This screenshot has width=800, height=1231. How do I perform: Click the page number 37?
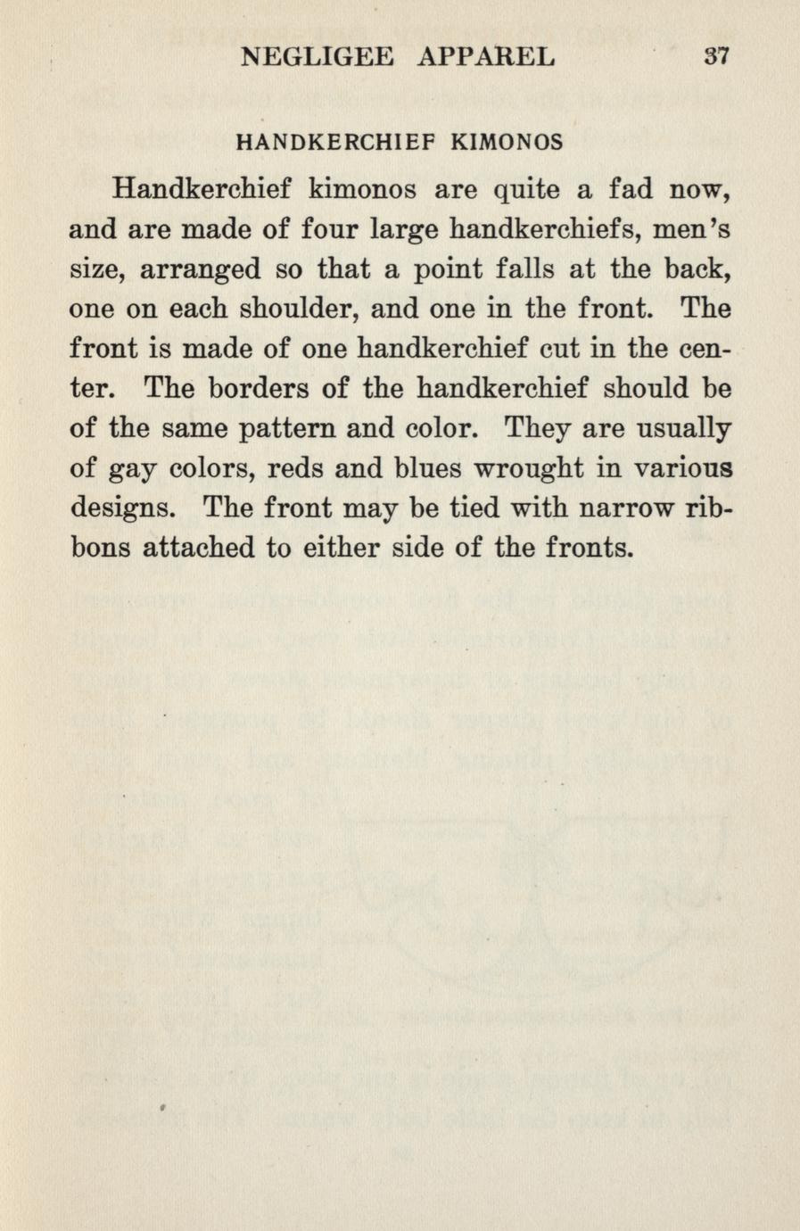coord(716,57)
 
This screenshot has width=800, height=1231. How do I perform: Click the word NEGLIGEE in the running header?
coord(318,57)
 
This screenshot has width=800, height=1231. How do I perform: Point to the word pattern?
coord(288,429)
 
